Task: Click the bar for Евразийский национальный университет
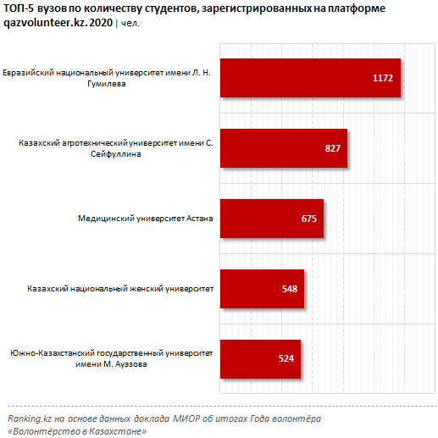click(x=310, y=78)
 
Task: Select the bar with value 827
click(x=284, y=148)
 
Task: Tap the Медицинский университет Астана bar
click(x=272, y=219)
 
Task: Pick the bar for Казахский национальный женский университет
click(x=262, y=289)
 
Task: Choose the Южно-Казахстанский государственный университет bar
click(x=260, y=359)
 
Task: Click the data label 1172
click(x=383, y=78)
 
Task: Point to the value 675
click(x=309, y=219)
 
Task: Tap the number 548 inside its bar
click(x=290, y=289)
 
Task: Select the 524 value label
click(x=286, y=358)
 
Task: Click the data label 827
click(x=332, y=148)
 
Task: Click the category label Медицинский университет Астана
click(x=146, y=219)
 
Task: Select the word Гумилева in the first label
click(x=107, y=84)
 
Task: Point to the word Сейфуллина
click(x=116, y=154)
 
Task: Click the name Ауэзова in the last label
click(x=130, y=364)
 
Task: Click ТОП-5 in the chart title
click(x=19, y=8)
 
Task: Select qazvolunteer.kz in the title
click(x=45, y=23)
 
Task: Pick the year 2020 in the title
click(x=101, y=23)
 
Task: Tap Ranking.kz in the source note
click(x=30, y=419)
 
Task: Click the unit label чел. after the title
click(x=130, y=24)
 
